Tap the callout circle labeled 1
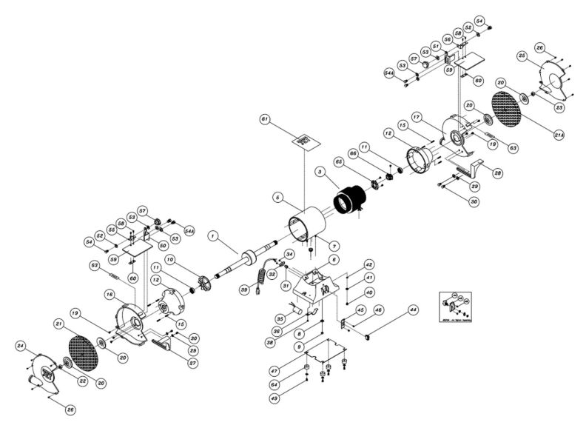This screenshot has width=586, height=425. click(212, 237)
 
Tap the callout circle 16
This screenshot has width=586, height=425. click(109, 295)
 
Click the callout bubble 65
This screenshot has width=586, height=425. click(338, 161)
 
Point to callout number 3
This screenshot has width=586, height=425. click(320, 172)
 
